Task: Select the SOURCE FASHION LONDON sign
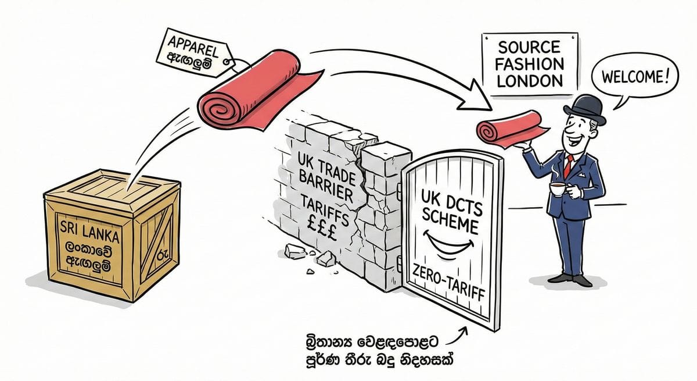(x=530, y=63)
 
